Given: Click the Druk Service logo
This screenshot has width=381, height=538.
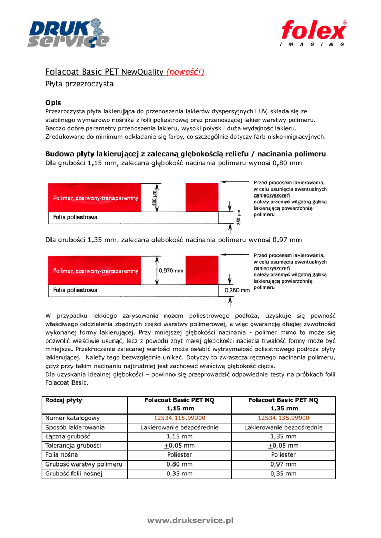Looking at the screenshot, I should [x=69, y=33].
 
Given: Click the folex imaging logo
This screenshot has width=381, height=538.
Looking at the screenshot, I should [x=314, y=33].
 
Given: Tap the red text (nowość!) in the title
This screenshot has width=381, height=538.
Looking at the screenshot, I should [x=185, y=72].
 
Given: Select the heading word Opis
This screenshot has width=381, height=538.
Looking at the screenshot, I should [x=54, y=102].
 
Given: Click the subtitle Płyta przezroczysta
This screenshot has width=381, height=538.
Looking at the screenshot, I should [x=79, y=84].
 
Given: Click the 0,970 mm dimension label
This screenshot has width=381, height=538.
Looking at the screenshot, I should [x=171, y=271].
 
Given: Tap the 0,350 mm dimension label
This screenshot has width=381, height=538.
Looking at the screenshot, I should [x=237, y=289].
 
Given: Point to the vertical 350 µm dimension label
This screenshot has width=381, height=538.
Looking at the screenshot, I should [x=238, y=217].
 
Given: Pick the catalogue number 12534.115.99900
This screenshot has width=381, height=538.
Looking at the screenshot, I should [x=179, y=418].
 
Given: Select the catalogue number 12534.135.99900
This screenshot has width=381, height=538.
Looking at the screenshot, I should [x=284, y=418].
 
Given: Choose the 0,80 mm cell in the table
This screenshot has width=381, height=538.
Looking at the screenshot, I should [x=179, y=464].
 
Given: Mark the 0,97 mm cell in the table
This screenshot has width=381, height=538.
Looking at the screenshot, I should [x=284, y=464].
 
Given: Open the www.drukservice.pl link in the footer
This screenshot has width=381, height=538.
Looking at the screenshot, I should [x=190, y=520].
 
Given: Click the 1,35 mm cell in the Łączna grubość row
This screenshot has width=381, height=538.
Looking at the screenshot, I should [x=284, y=437].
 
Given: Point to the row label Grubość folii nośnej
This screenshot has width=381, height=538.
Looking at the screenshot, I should [x=74, y=474].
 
